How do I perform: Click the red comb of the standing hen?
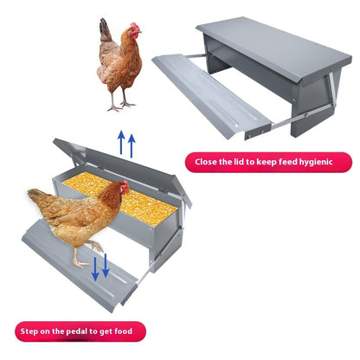point(135,27)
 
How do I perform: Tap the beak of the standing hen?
point(140,31)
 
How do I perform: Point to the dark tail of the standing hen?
point(105,29)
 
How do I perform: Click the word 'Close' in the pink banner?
point(206,162)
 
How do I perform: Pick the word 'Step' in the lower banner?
point(29,331)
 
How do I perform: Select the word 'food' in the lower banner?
point(123,331)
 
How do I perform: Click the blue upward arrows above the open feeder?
point(126,144)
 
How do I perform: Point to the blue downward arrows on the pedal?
point(100,267)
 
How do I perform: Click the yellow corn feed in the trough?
point(120,197)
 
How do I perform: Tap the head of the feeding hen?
point(124,187)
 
